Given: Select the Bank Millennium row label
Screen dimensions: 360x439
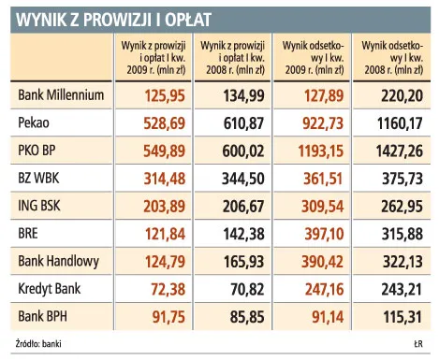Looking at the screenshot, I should pos(61,94).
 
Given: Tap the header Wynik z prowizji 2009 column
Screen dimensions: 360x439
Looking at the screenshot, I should pos(155,57).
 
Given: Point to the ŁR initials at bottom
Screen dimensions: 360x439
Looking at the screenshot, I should pos(418,346).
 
